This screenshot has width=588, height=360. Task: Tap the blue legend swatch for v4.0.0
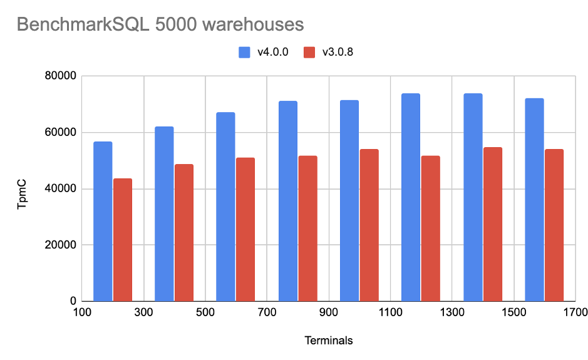[244, 52]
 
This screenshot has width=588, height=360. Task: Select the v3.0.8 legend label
[338, 52]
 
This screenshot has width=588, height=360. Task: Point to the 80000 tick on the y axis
[60, 76]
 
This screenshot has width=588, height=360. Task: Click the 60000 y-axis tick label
[60, 133]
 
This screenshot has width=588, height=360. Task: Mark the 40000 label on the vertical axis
[60, 189]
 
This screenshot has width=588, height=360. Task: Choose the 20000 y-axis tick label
[60, 245]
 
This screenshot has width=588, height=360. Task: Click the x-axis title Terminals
[328, 341]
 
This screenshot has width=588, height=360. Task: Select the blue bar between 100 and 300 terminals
[103, 222]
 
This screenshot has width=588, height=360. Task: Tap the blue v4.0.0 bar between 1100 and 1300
[411, 197]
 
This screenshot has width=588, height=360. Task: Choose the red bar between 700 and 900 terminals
[307, 229]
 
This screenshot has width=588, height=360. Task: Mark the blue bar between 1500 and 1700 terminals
[534, 200]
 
